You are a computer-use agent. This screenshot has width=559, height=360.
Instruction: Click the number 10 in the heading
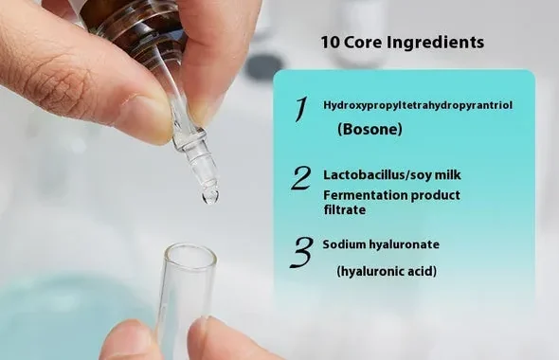[330, 42]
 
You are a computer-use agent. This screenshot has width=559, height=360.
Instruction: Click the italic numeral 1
[300, 110]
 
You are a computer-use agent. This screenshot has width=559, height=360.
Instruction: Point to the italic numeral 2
[301, 178]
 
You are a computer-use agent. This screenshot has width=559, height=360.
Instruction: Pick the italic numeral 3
[301, 252]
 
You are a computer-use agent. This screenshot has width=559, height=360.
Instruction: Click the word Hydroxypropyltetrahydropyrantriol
[418, 105]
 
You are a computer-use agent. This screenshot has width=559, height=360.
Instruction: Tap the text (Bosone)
[370, 129]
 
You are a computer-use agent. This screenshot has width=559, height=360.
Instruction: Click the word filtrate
[344, 209]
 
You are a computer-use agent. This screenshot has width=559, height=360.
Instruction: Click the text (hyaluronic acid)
[387, 272]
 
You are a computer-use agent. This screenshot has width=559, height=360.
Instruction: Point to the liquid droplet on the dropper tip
[210, 196]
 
